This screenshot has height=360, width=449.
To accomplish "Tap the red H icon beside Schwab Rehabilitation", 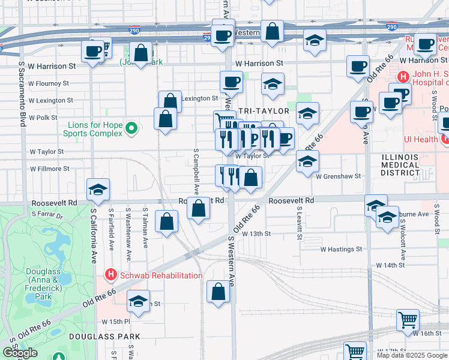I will [110, 275].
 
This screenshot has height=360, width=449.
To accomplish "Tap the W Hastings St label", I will [341, 248].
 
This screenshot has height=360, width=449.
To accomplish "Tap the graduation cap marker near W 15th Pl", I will [138, 302].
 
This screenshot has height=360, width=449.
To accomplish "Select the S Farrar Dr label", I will [46, 214].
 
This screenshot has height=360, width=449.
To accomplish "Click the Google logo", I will [20, 353].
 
